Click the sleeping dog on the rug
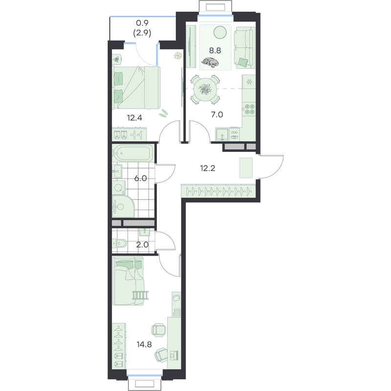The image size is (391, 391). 210,63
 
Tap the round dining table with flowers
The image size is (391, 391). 205,89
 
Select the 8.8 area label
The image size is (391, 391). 215,51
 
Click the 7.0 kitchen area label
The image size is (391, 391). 217,115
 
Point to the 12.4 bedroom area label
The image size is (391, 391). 135,118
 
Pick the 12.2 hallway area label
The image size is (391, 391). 208,168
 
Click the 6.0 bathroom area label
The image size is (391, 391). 141,178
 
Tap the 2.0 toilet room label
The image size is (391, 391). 142,245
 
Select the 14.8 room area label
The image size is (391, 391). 144,345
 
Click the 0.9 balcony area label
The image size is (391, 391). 142,23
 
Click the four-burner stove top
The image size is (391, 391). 249,109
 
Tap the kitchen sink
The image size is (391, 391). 222,135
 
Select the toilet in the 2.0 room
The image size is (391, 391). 119,243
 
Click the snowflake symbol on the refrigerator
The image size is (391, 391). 249,82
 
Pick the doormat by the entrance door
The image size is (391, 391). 246,168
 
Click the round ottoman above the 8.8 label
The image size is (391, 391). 220,32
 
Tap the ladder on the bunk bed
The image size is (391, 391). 141,295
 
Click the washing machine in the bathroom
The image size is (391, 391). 119,188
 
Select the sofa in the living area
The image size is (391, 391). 245,47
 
